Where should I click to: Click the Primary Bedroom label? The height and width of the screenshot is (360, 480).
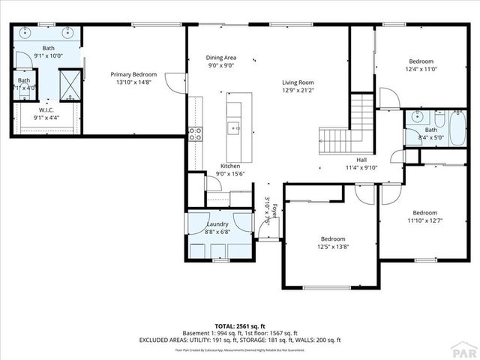pyautogui.click(x=133, y=74)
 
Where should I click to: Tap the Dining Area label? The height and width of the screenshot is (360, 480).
pyautogui.click(x=221, y=58)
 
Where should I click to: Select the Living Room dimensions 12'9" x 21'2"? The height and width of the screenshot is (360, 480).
pyautogui.click(x=298, y=91)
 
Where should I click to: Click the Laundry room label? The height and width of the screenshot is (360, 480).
pyautogui.click(x=217, y=223)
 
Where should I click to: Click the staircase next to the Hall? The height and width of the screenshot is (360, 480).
pyautogui.click(x=352, y=124)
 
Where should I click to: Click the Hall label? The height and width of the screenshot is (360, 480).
pyautogui.click(x=361, y=160)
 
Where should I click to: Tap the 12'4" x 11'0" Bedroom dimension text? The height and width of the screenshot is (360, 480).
pyautogui.click(x=420, y=70)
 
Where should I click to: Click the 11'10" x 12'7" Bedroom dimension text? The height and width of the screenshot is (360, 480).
pyautogui.click(x=424, y=220)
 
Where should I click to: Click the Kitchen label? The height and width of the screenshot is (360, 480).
pyautogui.click(x=229, y=166)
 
